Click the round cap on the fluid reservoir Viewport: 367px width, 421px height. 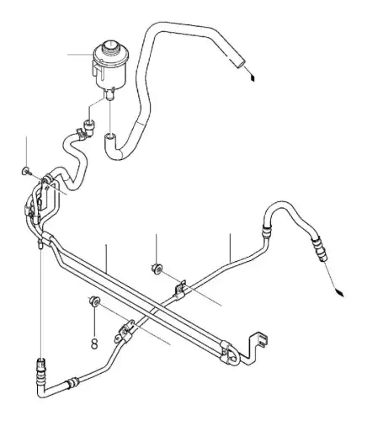(x=111, y=46)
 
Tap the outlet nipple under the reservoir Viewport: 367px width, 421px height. (x=109, y=94)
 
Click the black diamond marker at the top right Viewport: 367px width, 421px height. (x=253, y=77)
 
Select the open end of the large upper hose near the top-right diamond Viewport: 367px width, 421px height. (x=239, y=62)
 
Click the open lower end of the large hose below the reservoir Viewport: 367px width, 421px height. (x=109, y=137)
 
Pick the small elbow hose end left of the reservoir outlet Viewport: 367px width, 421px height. (x=90, y=125)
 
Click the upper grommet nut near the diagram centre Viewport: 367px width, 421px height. (x=157, y=269)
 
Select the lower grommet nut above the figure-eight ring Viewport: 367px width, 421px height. (x=94, y=301)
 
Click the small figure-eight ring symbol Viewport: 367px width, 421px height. (x=95, y=344)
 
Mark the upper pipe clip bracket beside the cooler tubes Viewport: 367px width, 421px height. (x=180, y=290)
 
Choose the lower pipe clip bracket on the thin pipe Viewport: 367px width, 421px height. (x=125, y=332)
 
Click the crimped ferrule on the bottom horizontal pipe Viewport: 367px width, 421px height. (x=72, y=382)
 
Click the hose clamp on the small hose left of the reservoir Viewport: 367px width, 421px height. (x=81, y=133)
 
